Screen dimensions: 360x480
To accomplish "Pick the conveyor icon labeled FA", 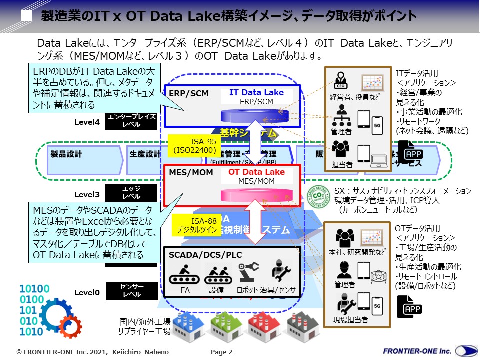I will point(184,274).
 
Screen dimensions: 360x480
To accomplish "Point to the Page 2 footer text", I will point(221,352).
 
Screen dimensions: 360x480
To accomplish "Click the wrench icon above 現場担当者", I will point(344,302).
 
